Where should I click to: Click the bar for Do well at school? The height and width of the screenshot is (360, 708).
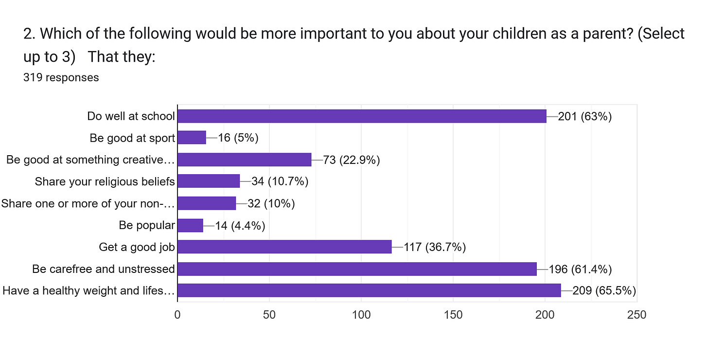(x=362, y=116)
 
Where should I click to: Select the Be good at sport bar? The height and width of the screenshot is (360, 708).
(x=192, y=138)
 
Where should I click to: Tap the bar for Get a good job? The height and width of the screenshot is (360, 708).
(x=284, y=247)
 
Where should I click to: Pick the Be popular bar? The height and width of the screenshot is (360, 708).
(x=190, y=225)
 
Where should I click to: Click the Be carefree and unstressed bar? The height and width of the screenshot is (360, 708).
(x=357, y=269)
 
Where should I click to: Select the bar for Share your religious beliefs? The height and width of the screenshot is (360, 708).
(x=209, y=181)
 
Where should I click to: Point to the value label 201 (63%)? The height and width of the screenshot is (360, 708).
(x=584, y=116)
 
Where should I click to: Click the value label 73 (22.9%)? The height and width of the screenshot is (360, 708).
(x=351, y=160)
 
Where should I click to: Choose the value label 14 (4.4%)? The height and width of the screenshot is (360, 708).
(x=240, y=226)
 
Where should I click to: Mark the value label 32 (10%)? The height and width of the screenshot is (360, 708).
(x=271, y=204)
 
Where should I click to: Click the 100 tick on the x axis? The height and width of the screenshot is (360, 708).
(x=361, y=315)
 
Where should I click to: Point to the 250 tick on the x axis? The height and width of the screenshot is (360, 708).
(x=637, y=315)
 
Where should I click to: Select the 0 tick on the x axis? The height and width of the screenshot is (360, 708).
(x=177, y=315)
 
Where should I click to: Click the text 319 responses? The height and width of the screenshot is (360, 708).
(x=61, y=77)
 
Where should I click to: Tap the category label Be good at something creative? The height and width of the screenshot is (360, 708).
(x=90, y=160)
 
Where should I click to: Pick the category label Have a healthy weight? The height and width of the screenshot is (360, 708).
(x=88, y=291)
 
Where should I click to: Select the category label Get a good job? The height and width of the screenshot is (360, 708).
(x=137, y=247)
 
